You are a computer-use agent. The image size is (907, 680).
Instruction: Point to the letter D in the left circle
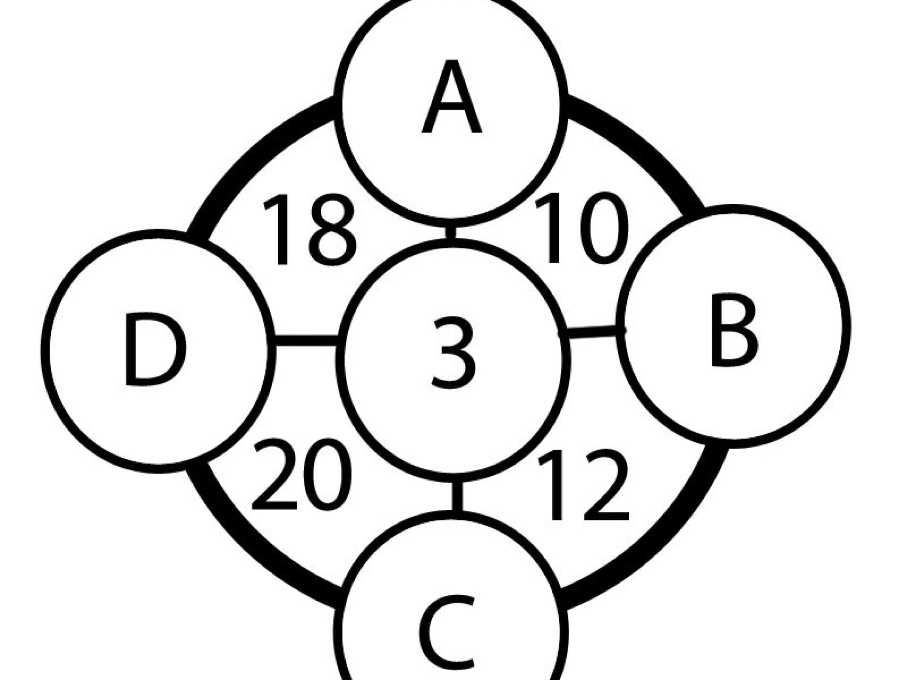(154, 349)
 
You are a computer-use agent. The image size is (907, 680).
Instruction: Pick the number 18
(308, 229)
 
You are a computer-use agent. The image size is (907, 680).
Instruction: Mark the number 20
(301, 474)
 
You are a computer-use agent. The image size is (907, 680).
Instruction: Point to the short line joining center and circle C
(456, 496)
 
